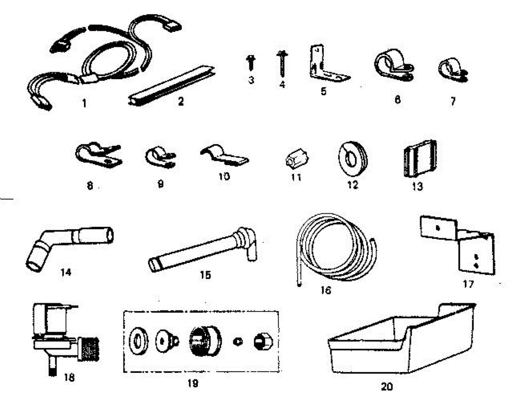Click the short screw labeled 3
[x=251, y=63]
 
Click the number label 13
[x=417, y=187]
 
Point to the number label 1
[x=84, y=104]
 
